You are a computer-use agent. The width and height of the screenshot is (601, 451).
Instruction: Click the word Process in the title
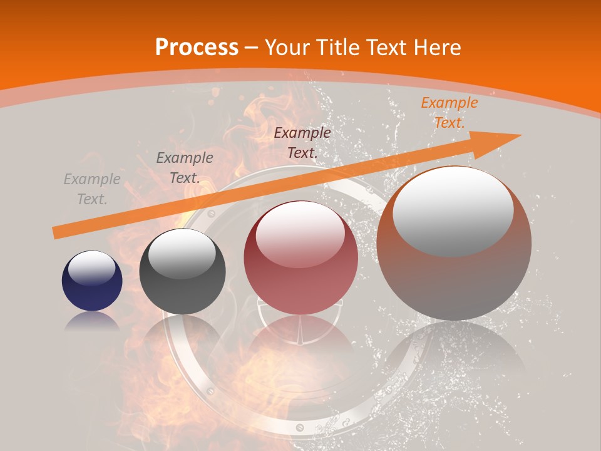point(197,48)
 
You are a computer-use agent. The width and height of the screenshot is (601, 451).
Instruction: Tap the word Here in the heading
point(436,48)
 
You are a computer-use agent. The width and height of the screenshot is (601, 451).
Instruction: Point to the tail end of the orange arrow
point(55,233)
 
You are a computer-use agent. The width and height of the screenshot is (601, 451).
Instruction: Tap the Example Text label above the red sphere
point(302,142)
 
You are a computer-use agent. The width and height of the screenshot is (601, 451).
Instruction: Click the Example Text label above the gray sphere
point(185,168)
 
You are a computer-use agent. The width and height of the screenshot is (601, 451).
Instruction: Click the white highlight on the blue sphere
point(92,267)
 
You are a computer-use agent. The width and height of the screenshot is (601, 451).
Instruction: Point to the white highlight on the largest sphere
point(453,210)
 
